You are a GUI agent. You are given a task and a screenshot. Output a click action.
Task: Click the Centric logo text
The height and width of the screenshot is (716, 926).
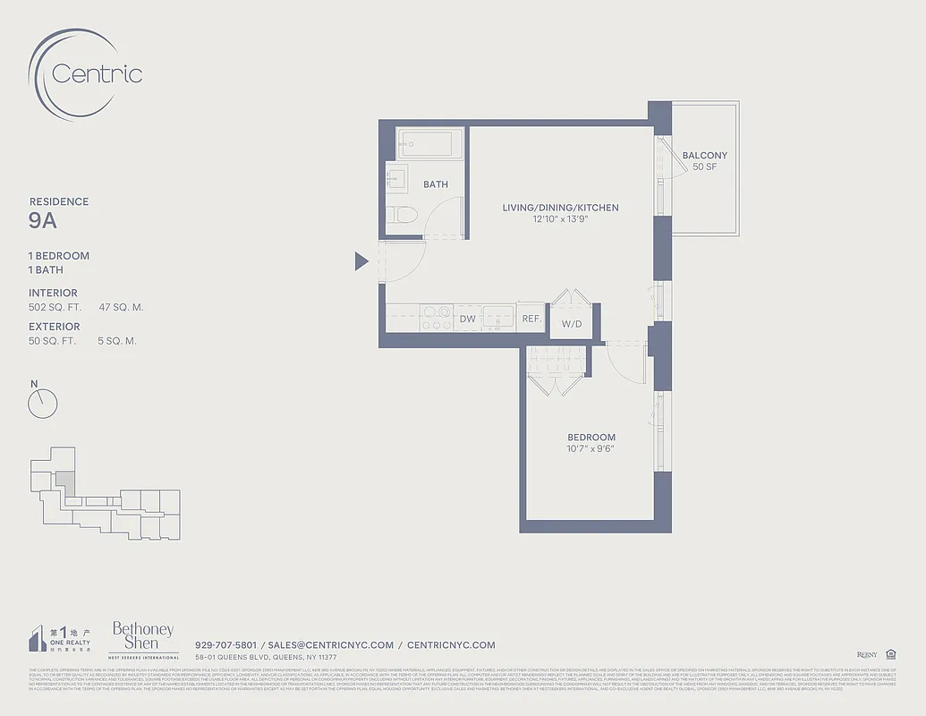97,73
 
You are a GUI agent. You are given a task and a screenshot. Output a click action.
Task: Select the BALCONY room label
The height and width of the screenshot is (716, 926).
704,155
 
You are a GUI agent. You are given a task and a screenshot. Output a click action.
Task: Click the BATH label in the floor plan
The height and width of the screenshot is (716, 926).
436,184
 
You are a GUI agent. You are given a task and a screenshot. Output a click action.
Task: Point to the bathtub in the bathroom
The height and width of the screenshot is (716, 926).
430,142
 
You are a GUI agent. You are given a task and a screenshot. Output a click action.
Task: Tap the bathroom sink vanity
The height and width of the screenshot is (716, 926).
396,177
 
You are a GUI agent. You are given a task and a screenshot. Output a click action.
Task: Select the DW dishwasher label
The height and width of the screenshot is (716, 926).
467,319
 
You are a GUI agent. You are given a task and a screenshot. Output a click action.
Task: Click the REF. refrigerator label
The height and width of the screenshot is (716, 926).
531,319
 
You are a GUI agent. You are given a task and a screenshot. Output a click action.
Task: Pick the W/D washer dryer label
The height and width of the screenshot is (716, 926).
571,324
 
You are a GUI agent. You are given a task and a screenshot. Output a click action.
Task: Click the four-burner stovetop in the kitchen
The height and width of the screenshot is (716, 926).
437,318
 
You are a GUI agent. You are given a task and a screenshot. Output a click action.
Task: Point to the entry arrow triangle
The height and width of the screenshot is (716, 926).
361,261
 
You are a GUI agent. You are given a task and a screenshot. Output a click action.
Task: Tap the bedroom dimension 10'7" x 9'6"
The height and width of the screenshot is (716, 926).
590,449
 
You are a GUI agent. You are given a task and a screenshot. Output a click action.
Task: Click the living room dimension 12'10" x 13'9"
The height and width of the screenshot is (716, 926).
560,219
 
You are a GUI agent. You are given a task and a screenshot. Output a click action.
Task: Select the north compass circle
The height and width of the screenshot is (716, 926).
42,404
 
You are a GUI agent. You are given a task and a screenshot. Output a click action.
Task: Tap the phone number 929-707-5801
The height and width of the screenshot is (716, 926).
225,644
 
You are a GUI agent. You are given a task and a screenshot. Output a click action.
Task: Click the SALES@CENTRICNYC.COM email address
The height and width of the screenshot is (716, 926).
331,644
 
